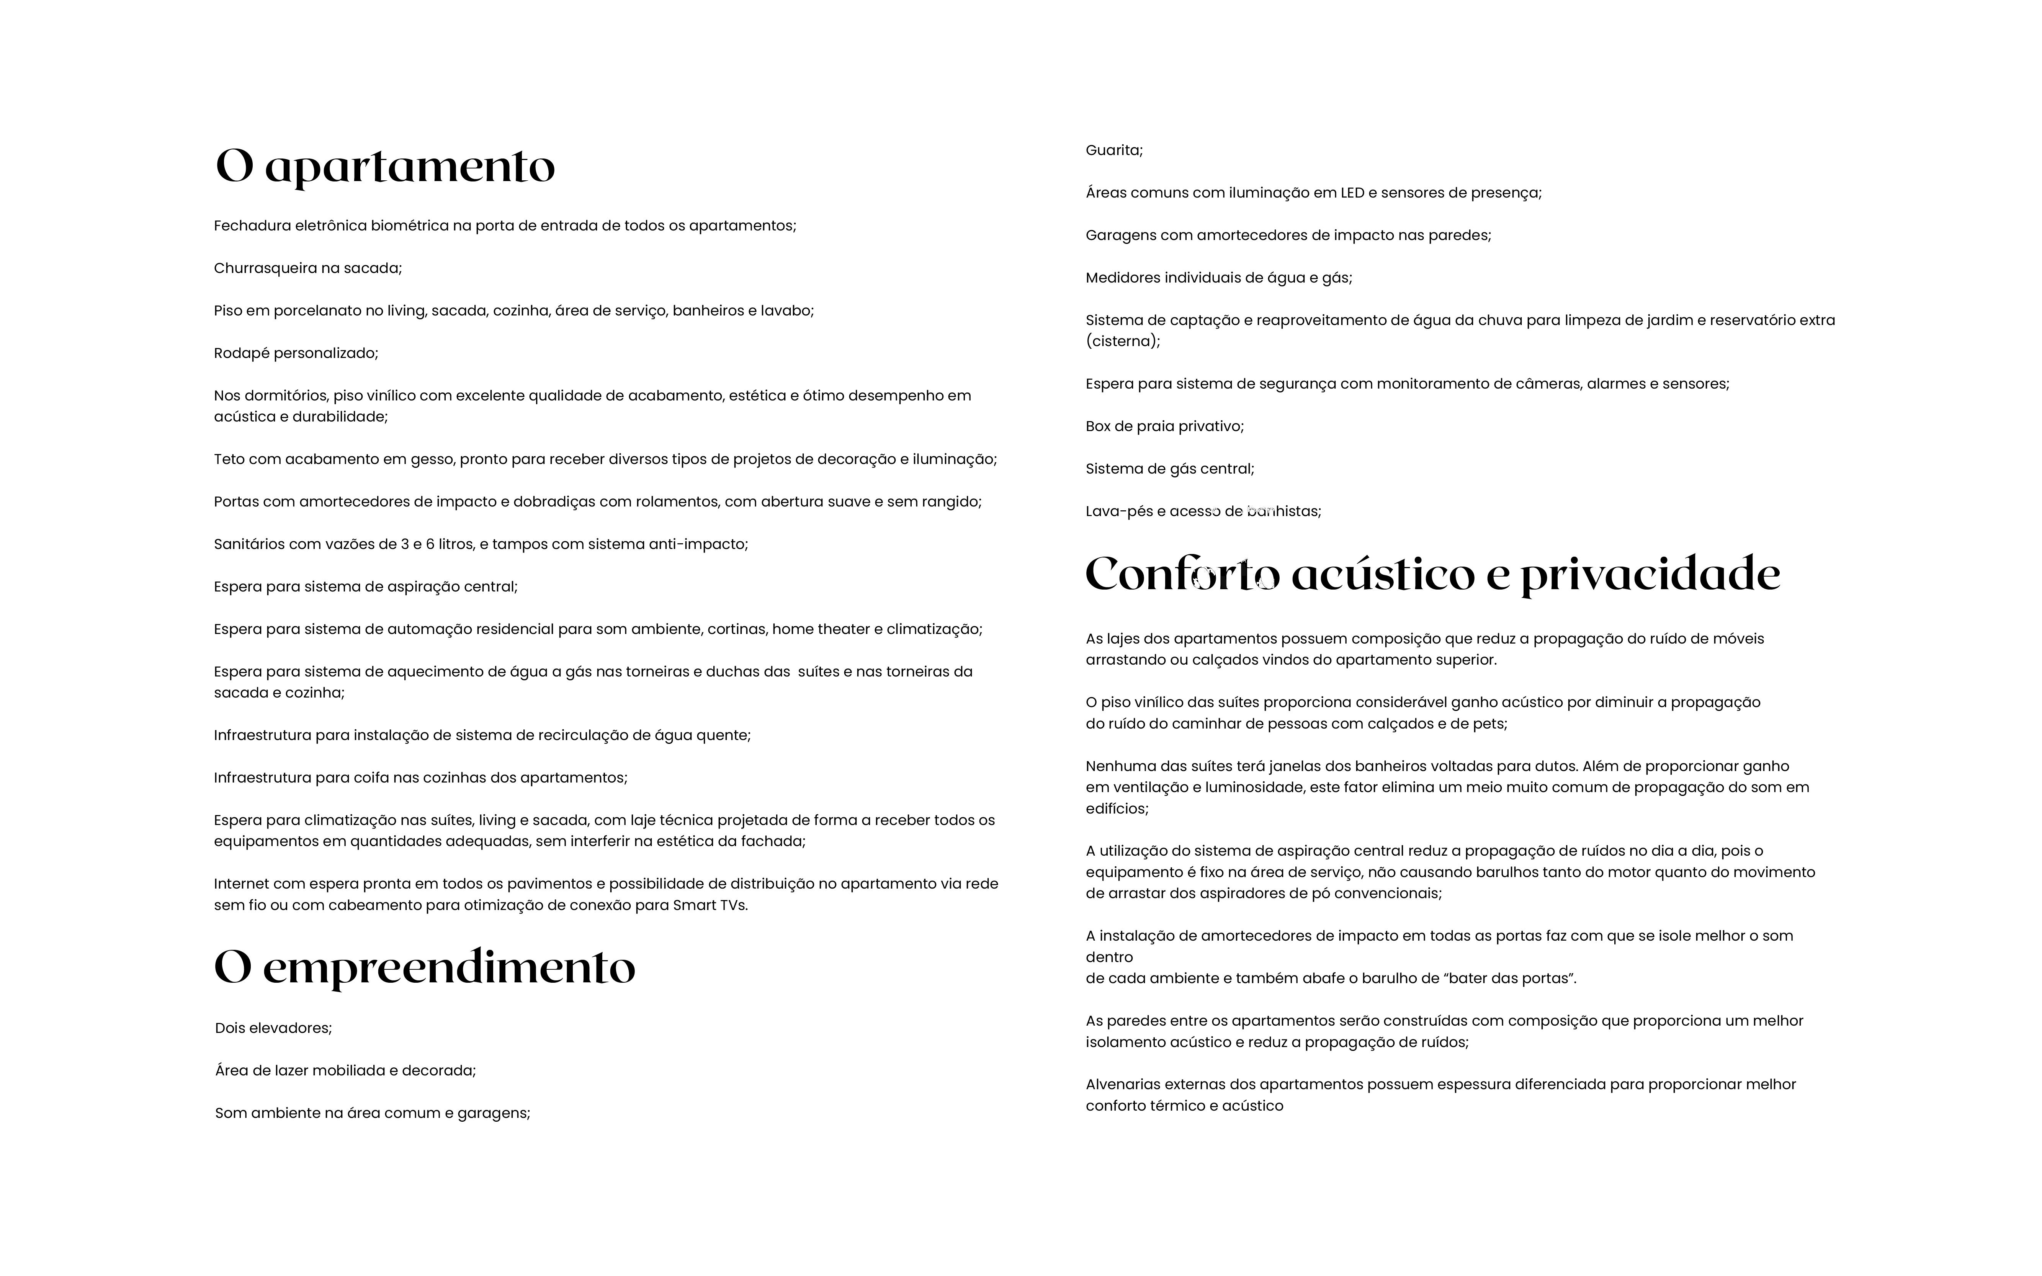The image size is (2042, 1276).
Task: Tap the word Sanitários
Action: pos(249,544)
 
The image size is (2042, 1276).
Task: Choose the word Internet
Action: pos(241,884)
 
